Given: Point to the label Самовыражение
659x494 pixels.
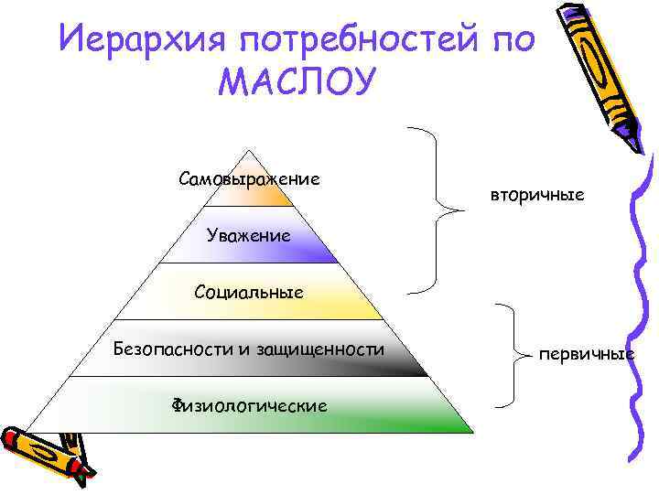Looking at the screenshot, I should tap(249, 177).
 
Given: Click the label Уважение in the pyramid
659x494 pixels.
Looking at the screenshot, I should tap(249, 235).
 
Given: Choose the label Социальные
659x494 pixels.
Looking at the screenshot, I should tap(249, 293).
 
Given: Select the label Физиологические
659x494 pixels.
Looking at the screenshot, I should tap(249, 404).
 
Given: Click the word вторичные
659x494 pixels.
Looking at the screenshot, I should tap(536, 196).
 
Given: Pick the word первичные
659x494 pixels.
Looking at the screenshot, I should tap(587, 353).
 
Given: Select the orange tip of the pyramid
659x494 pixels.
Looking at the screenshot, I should tap(275, 192).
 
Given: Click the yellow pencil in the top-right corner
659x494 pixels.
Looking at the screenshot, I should tap(599, 69).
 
